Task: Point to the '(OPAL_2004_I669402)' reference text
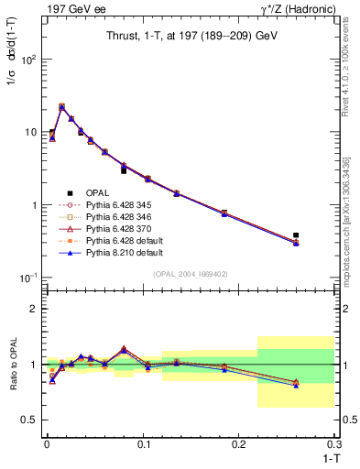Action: tap(191, 273)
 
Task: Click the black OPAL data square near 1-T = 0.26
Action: tap(296, 235)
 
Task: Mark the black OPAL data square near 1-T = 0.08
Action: tap(124, 170)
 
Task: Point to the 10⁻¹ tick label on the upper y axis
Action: tap(28, 278)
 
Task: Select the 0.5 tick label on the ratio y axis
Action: tap(30, 420)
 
